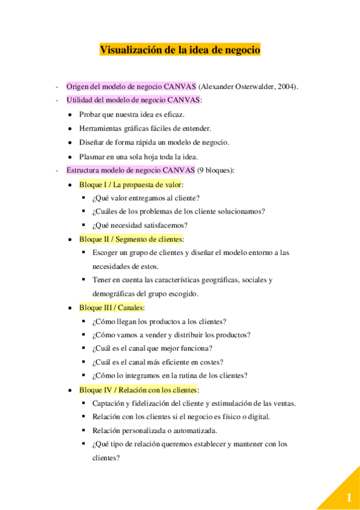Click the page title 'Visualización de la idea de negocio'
coord(180,50)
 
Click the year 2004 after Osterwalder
coord(285,87)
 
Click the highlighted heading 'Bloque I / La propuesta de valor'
coord(130,185)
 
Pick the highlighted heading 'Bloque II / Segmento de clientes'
coord(130,239)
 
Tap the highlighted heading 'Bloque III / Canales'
coord(111,307)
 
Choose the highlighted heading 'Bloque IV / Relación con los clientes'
coord(138,389)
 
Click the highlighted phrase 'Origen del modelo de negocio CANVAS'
coord(131,87)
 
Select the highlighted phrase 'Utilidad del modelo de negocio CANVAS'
coord(133,100)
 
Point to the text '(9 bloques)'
coord(216,170)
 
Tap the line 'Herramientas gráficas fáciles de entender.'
coord(145,127)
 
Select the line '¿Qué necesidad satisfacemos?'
coord(140,225)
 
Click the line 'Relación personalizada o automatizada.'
coord(154,430)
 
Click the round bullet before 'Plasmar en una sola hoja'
coord(70,156)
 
